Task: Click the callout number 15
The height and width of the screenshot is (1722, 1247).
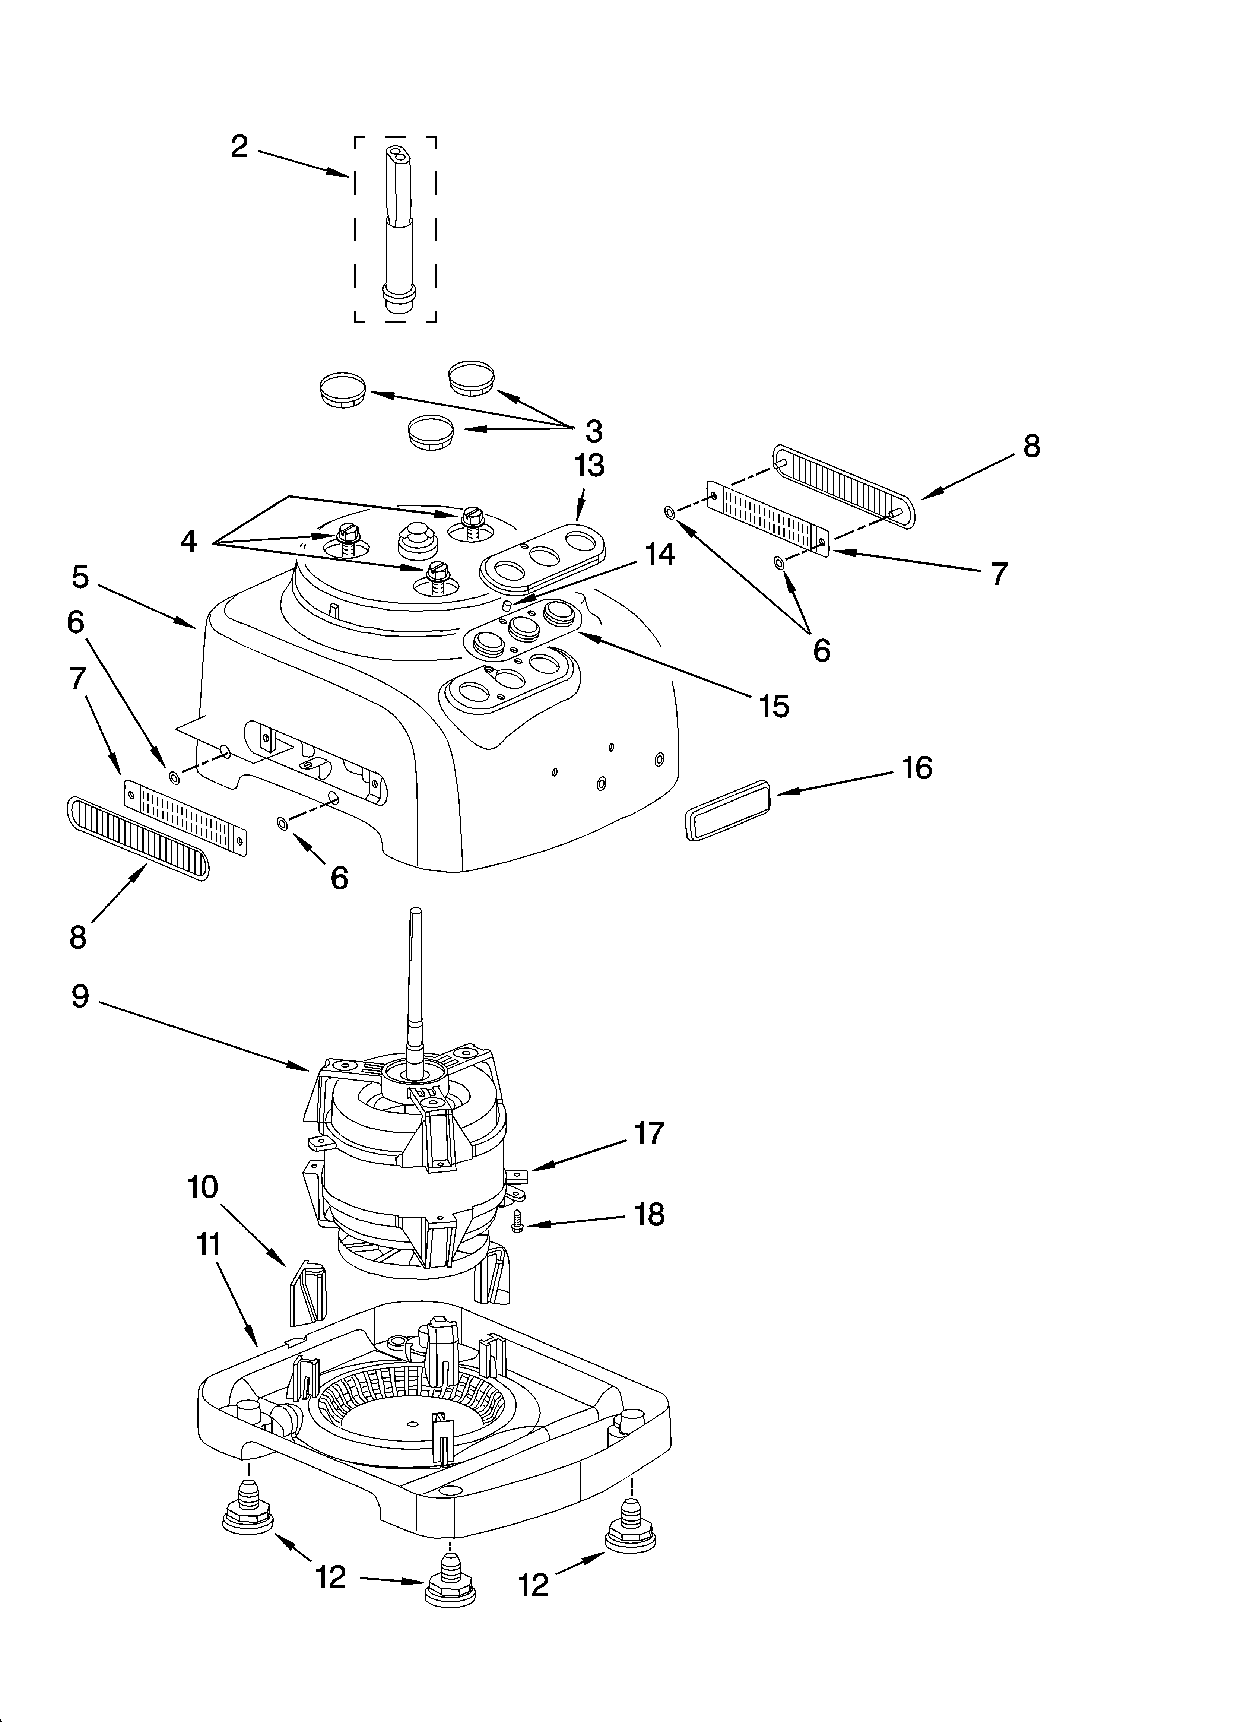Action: tap(774, 706)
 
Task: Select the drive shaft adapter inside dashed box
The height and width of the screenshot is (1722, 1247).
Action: tap(396, 228)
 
